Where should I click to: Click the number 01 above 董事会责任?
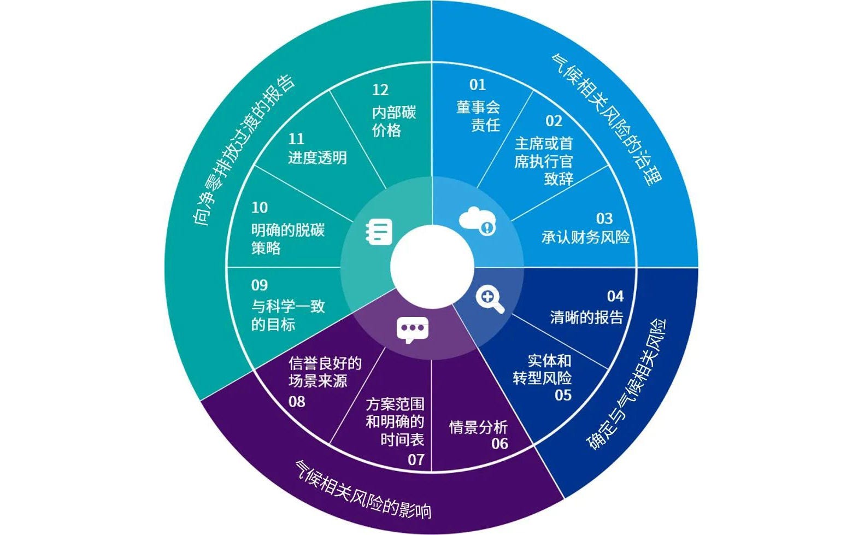(477, 85)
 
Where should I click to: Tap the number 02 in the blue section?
(554, 121)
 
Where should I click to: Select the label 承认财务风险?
(585, 237)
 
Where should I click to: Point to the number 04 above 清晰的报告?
(615, 296)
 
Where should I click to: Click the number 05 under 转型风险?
(563, 395)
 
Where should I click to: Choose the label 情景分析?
(478, 427)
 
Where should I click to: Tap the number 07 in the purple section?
(416, 460)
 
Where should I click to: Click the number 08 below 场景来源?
(297, 402)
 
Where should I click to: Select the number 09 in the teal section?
(259, 285)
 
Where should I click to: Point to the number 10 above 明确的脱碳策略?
(260, 208)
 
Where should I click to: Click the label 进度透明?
(318, 158)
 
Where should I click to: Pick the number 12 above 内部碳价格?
(380, 90)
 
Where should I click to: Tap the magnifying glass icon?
(490, 299)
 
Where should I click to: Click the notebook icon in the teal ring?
(378, 232)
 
